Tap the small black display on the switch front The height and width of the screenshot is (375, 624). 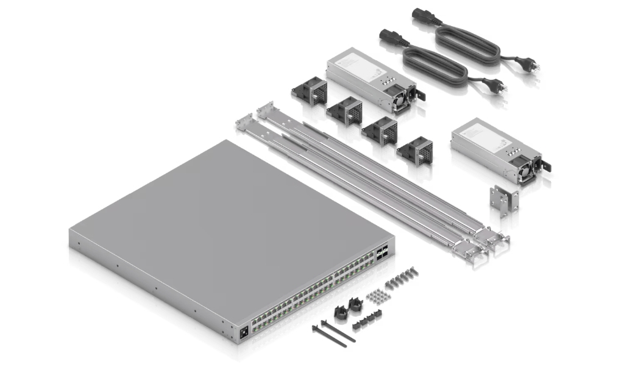[x=244, y=332]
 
